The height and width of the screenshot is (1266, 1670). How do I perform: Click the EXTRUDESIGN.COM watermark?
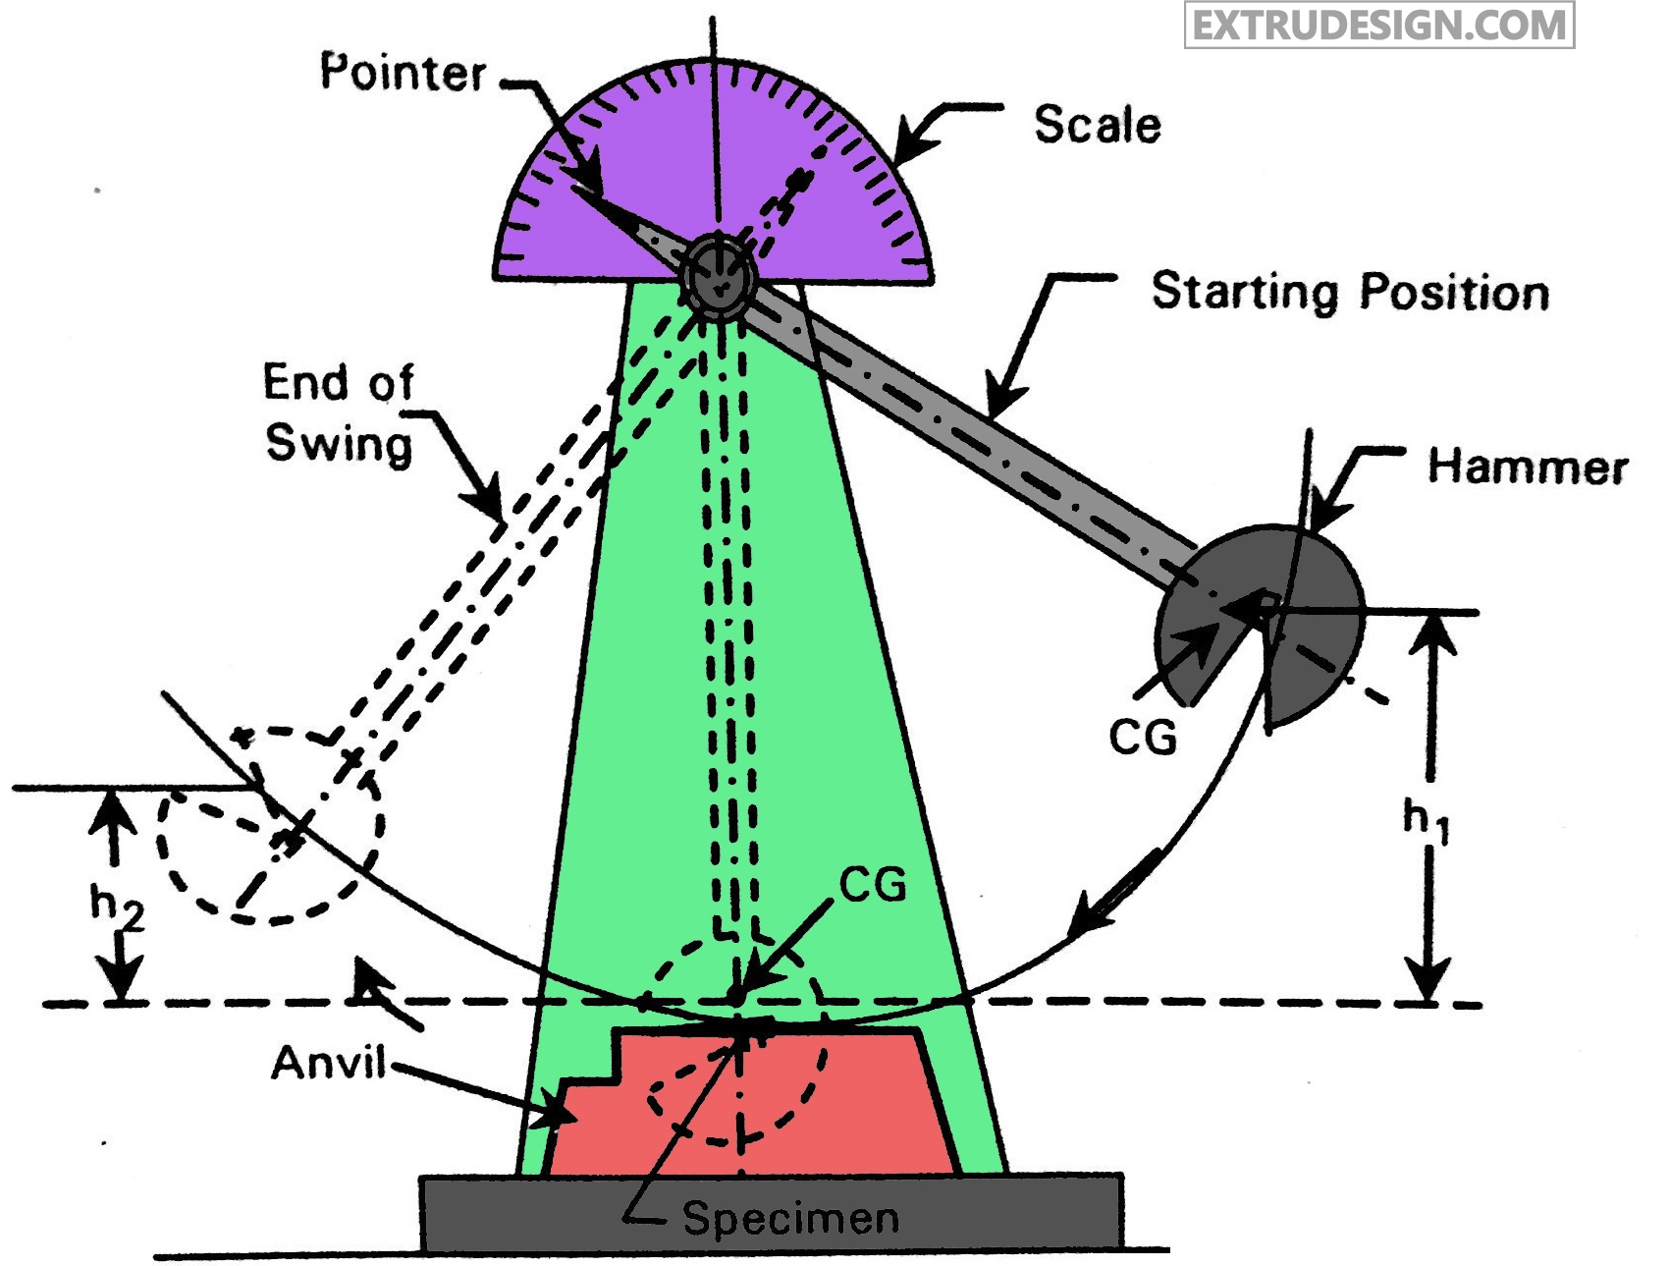pyautogui.click(x=1378, y=26)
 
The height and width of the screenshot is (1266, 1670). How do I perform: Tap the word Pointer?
pyautogui.click(x=404, y=73)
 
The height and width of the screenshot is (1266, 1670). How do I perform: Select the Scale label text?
pyautogui.click(x=1097, y=126)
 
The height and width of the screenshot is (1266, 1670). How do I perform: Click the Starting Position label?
pyautogui.click(x=1350, y=293)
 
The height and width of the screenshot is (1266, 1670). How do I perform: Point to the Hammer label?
pyautogui.click(x=1527, y=467)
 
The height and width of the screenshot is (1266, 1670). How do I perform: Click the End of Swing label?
pyautogui.click(x=339, y=413)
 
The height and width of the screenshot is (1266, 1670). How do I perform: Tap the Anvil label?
pyautogui.click(x=329, y=1063)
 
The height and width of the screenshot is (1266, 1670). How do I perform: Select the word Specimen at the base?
pyautogui.click(x=790, y=1218)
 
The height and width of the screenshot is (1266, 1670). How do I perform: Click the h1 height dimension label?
pyautogui.click(x=1425, y=820)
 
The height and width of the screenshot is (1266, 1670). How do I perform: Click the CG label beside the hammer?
pyautogui.click(x=1143, y=737)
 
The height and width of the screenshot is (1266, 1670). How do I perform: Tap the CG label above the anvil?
pyautogui.click(x=873, y=886)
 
